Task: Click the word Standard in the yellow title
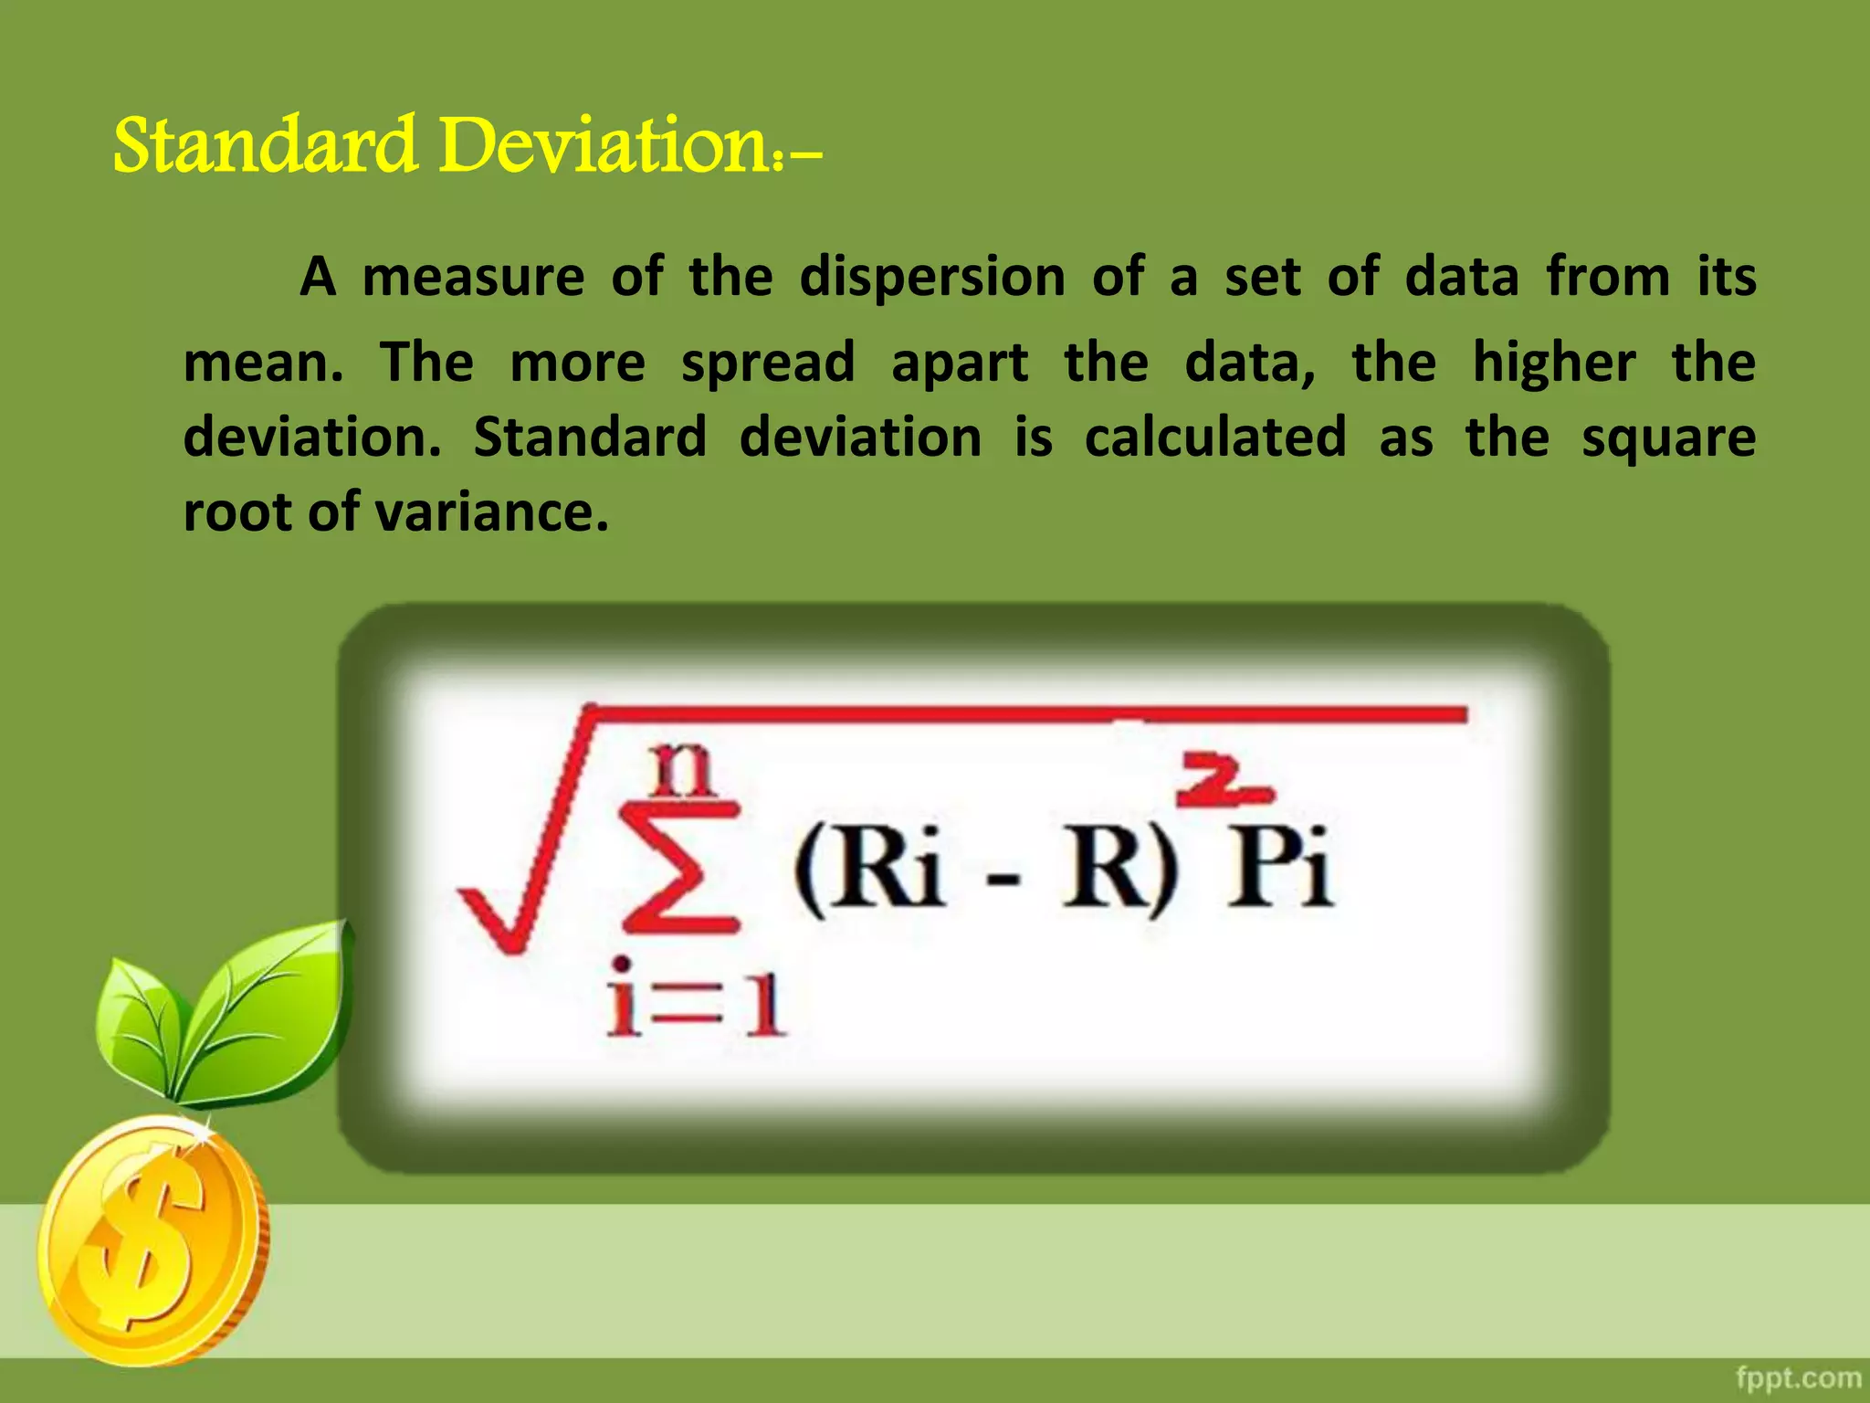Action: click(266, 146)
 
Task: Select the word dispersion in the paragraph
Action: click(932, 277)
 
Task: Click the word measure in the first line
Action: click(473, 277)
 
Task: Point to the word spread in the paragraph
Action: click(768, 363)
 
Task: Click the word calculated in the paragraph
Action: click(1215, 437)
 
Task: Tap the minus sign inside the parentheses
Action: click(1002, 881)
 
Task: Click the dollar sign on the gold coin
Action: click(146, 1242)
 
